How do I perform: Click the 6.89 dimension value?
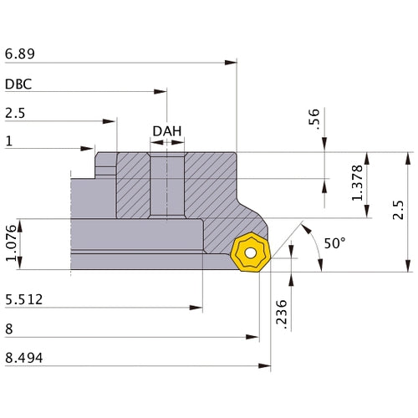coord(20,54)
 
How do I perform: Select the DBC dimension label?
coord(19,84)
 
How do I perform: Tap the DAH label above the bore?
coord(167,131)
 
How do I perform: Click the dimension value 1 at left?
coord(8,142)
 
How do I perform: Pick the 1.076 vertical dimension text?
coord(10,244)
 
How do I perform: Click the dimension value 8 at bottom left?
coord(8,329)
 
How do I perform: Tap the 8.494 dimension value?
coord(24,359)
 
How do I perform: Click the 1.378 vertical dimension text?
coord(358,183)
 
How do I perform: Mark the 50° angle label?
coord(334,243)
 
